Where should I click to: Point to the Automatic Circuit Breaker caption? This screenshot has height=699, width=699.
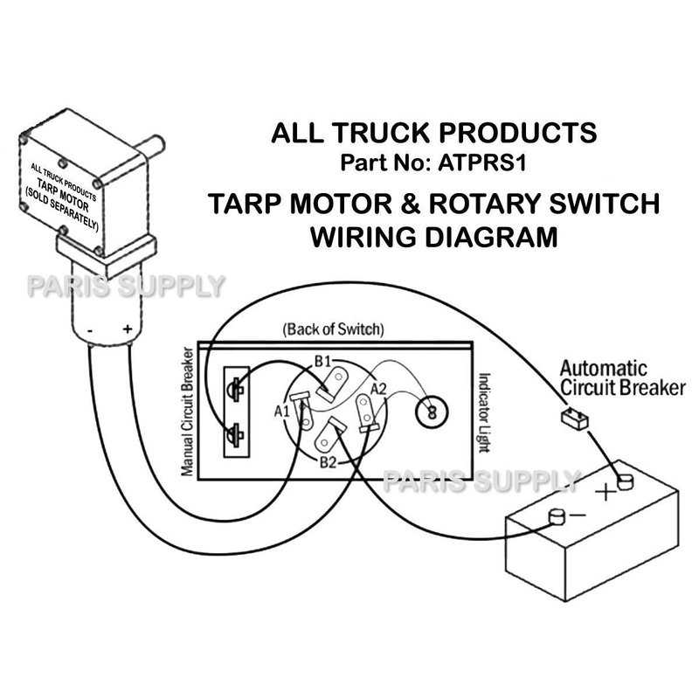coord(621,377)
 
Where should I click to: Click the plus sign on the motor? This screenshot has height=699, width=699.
coord(128,329)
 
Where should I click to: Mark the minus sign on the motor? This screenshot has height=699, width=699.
coord(91,331)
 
